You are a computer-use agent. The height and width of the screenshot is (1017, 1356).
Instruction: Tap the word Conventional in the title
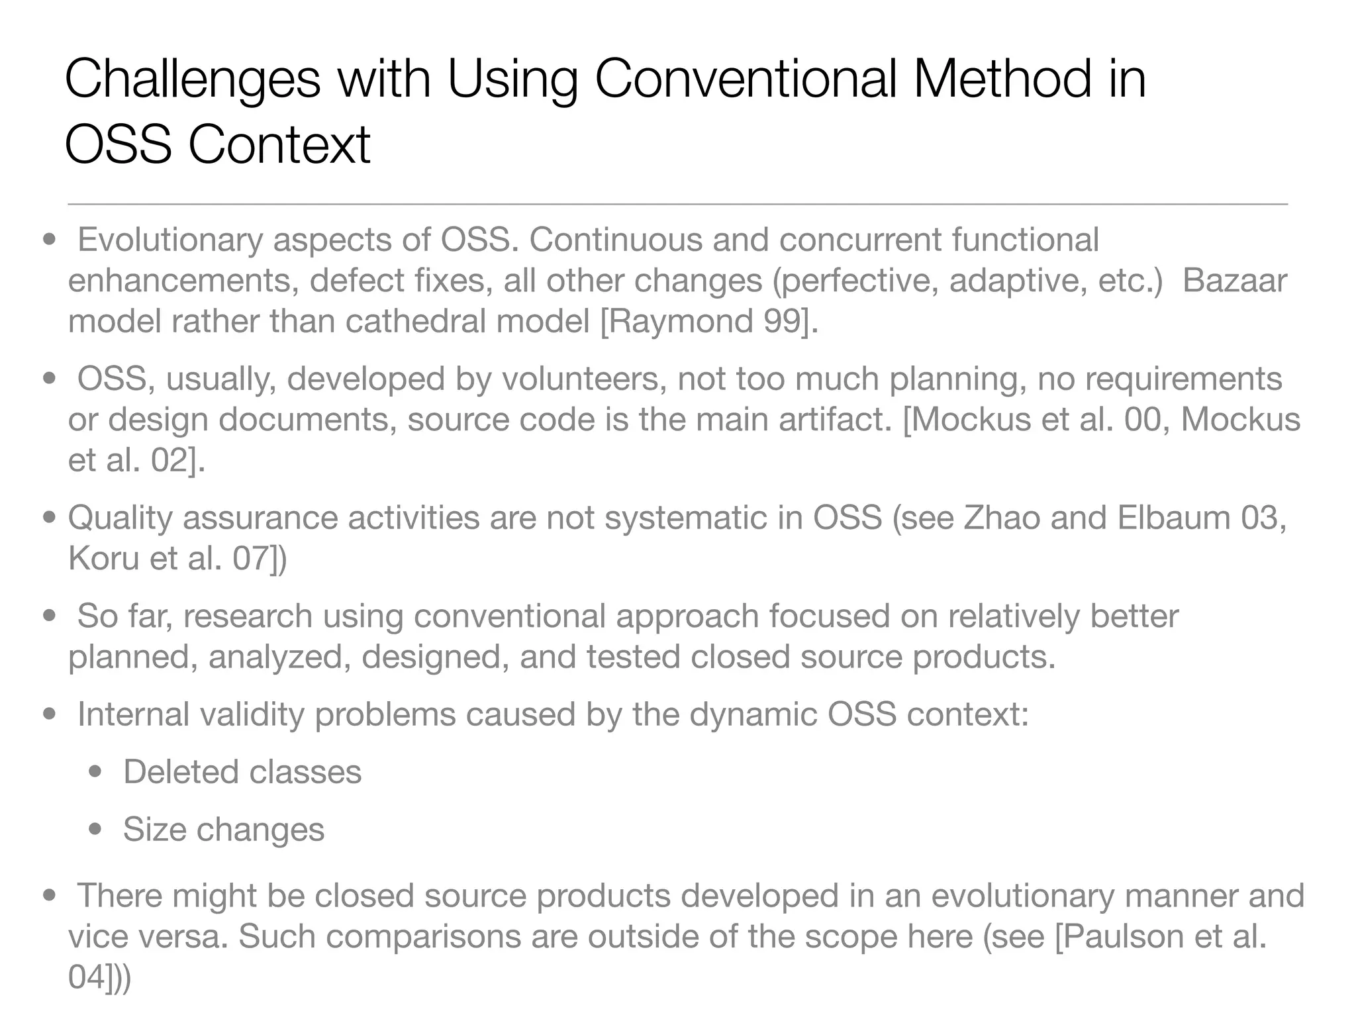tap(745, 79)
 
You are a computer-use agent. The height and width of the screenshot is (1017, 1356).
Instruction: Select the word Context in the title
tap(279, 145)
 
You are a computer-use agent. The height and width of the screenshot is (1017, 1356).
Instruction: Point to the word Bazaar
tap(1234, 280)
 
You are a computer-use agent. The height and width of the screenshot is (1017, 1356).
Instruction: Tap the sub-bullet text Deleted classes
tap(242, 772)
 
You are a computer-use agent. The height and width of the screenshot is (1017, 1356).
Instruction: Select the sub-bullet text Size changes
tap(224, 830)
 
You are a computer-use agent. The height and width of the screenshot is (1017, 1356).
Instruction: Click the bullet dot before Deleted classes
tap(96, 772)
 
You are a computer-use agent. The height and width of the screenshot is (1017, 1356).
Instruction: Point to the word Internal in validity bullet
tap(133, 714)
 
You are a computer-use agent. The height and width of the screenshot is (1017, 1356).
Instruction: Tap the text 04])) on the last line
tap(99, 977)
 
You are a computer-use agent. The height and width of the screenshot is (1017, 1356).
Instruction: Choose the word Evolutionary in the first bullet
tap(170, 240)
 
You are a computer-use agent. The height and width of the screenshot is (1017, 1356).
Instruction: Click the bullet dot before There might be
tap(49, 896)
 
